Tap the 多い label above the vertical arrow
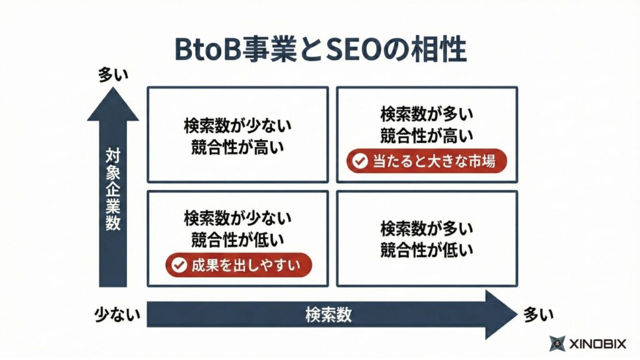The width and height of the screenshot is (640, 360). pyautogui.click(x=113, y=76)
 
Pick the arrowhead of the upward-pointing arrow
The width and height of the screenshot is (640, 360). pyautogui.click(x=113, y=104)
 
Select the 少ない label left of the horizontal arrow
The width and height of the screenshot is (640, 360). pyautogui.click(x=117, y=314)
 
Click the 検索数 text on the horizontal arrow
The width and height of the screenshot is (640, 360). pyautogui.click(x=328, y=314)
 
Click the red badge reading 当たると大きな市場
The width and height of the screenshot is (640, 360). pyautogui.click(x=427, y=161)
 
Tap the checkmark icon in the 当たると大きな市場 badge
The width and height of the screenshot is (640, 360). pyautogui.click(x=359, y=162)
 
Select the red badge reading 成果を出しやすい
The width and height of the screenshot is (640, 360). pyautogui.click(x=238, y=265)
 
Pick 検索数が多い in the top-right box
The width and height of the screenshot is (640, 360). pyautogui.click(x=427, y=114)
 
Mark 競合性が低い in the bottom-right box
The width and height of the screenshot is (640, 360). pyautogui.click(x=427, y=250)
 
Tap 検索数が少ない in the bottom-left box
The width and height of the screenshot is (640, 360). pyautogui.click(x=237, y=218)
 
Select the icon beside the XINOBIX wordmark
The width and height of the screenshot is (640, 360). pyautogui.click(x=557, y=343)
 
